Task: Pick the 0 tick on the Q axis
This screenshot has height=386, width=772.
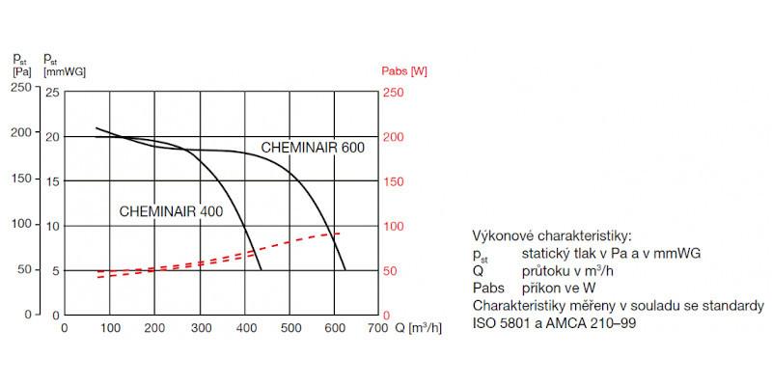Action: (65, 328)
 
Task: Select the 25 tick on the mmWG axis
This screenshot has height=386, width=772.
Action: (53, 92)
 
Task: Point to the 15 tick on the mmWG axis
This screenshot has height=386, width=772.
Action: (53, 181)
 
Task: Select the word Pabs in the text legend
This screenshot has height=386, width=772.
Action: (488, 288)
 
